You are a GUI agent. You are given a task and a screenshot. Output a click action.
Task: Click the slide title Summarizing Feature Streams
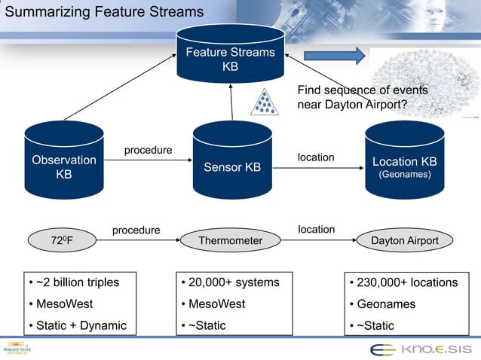104,12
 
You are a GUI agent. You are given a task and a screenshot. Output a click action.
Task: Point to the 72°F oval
62,241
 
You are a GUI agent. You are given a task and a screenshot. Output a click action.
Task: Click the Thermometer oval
230,241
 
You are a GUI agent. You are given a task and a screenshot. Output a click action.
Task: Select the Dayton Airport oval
405,241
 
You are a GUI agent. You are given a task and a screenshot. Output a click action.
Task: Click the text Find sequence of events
363,90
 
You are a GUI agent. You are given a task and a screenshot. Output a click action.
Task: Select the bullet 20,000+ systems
234,282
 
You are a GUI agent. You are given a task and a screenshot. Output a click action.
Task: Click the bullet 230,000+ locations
407,282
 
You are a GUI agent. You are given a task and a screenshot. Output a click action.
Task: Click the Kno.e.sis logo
420,349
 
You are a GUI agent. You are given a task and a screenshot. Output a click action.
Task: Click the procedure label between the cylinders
148,151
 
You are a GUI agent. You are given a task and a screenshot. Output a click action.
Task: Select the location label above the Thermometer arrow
316,228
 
